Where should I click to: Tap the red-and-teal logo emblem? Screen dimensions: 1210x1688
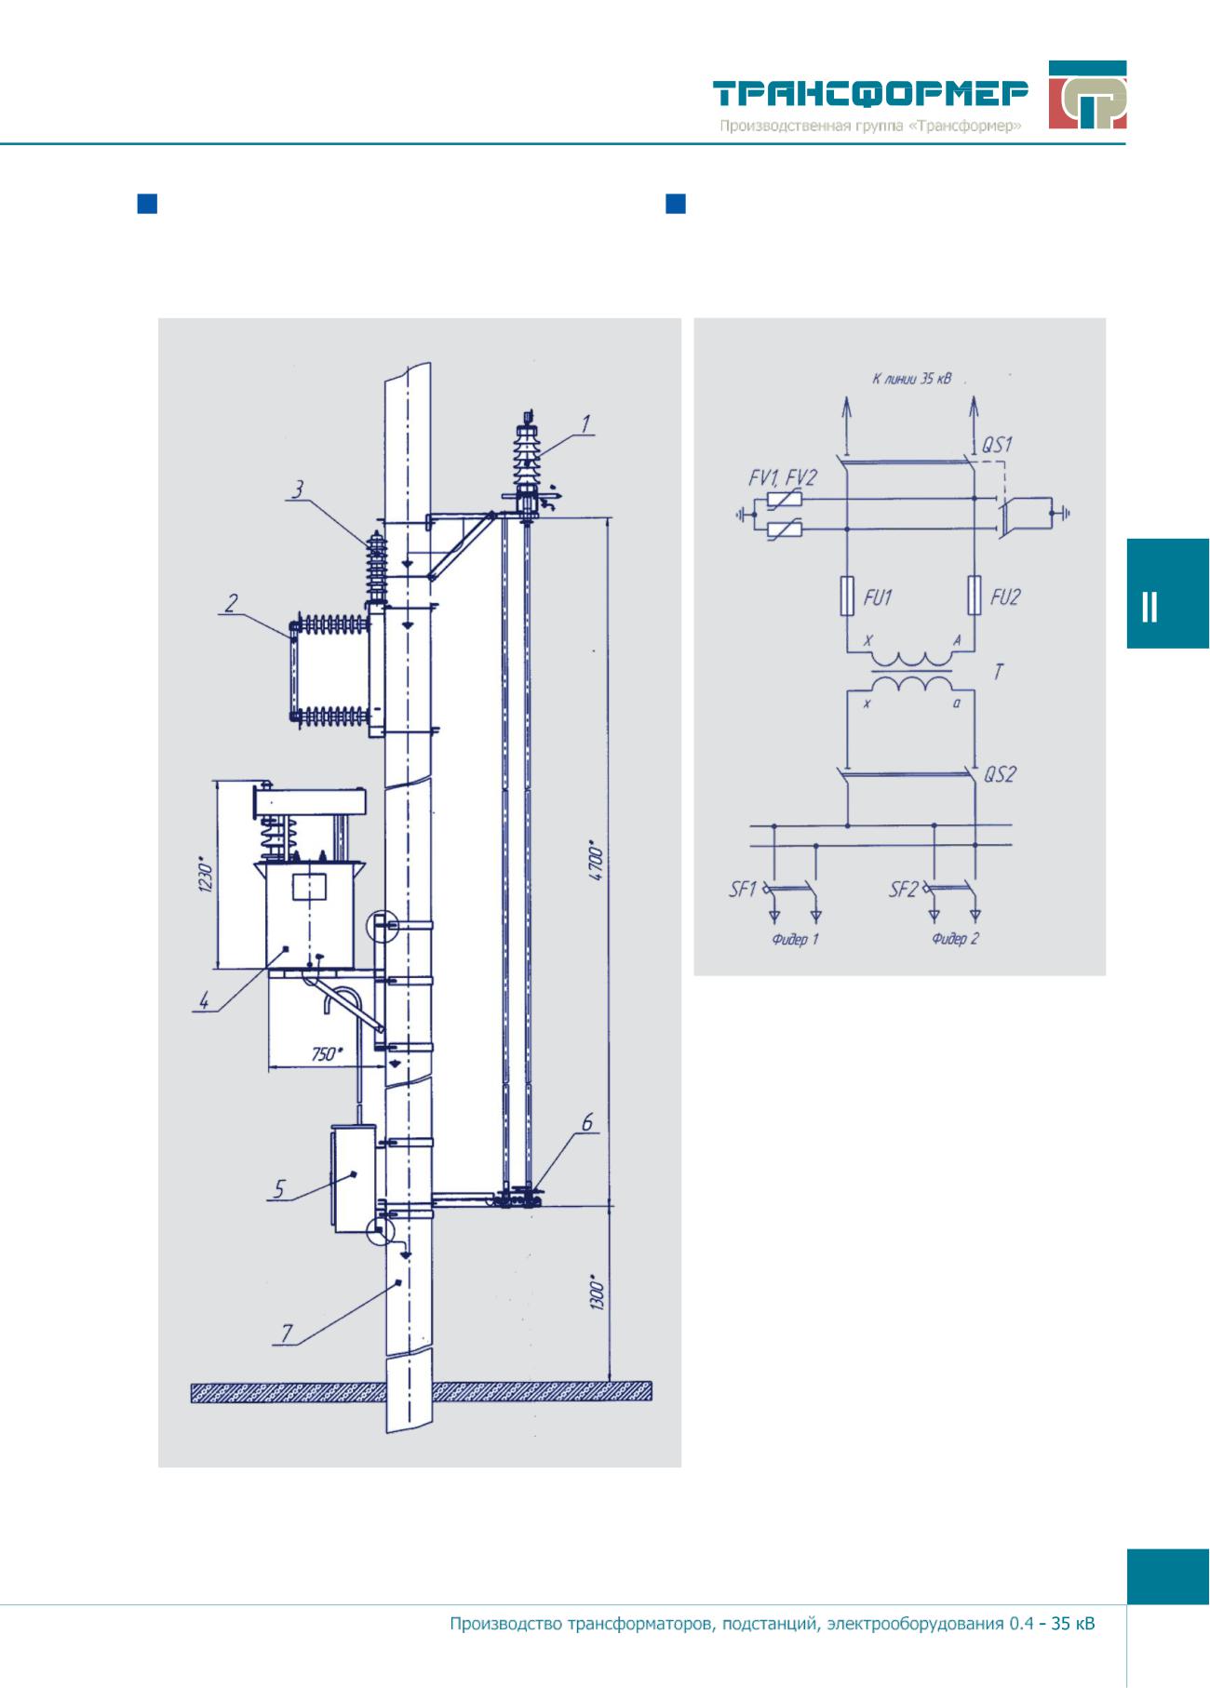pyautogui.click(x=1087, y=95)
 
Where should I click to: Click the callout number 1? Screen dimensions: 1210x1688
pyautogui.click(x=586, y=424)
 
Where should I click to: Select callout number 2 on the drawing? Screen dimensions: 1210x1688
pyautogui.click(x=231, y=603)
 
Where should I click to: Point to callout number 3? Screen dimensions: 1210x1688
pyautogui.click(x=297, y=489)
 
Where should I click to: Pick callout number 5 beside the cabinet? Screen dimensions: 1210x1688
pyautogui.click(x=278, y=1189)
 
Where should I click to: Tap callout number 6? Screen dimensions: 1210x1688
pyautogui.click(x=587, y=1123)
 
